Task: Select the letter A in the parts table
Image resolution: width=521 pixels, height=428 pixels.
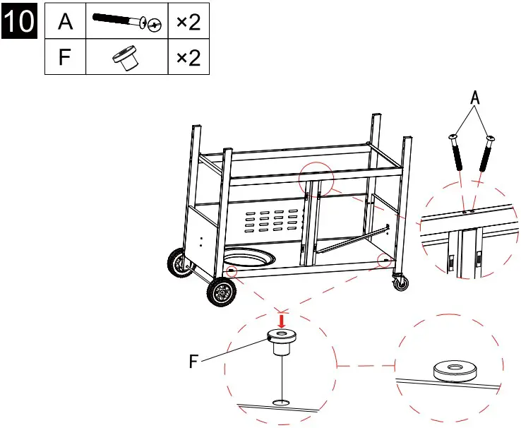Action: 65,22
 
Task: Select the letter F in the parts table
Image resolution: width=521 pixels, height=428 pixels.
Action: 65,57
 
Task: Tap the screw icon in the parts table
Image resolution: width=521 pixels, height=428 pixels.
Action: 126,22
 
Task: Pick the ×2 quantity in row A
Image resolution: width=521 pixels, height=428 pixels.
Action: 188,22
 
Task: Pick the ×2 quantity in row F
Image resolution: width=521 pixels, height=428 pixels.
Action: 188,57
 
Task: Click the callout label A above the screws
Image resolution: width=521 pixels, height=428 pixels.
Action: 475,100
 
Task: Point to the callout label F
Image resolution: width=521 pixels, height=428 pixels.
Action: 193,362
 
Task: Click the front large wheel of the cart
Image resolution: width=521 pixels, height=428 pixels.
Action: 222,291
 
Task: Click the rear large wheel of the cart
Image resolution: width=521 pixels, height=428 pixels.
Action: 177,264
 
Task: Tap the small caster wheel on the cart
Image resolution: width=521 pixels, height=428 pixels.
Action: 401,284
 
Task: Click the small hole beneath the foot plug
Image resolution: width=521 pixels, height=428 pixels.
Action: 281,403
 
